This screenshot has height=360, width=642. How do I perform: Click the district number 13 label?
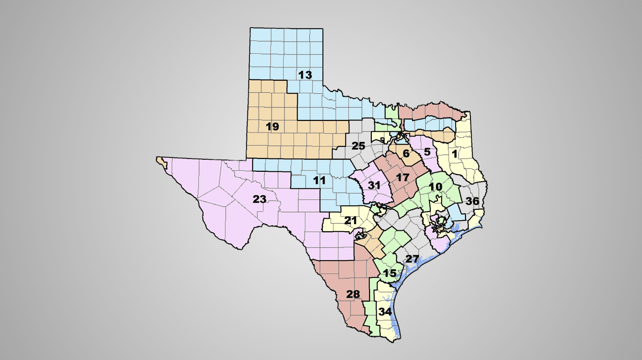tap(305, 75)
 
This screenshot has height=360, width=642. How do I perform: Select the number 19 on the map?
tap(272, 127)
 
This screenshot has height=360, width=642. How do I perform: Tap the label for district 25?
tap(358, 146)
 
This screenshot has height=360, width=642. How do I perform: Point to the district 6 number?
tap(406, 154)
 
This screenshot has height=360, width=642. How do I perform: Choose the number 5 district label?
tap(427, 152)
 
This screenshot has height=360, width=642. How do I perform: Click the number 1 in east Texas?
tap(454, 154)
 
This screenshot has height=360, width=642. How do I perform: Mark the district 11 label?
tap(319, 181)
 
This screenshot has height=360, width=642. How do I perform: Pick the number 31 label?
tap(374, 185)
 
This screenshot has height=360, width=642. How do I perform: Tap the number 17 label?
tap(402, 178)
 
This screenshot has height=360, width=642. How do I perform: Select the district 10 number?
tap(435, 187)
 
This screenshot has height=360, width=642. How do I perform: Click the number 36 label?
tap(472, 201)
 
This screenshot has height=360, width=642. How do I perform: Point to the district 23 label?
tap(260, 199)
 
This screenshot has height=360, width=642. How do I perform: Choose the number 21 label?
tap(351, 221)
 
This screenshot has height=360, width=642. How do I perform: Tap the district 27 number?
tap(412, 259)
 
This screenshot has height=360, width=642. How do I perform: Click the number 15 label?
tap(390, 273)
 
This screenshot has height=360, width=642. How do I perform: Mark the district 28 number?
tap(353, 294)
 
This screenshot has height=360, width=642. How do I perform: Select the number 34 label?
tap(385, 312)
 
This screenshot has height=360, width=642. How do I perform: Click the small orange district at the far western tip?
tap(162, 162)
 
